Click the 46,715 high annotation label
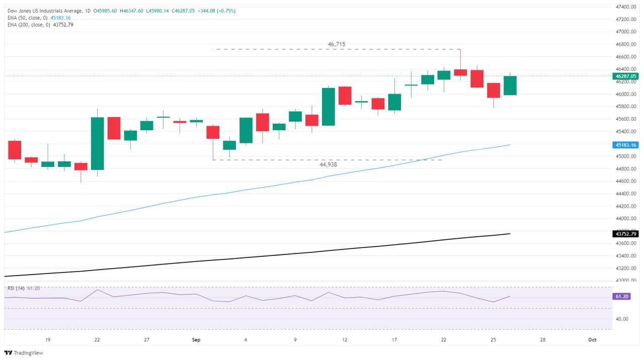pos(337,44)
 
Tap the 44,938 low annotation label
pos(328,164)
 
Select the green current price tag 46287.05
pos(625,76)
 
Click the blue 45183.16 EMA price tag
pos(625,145)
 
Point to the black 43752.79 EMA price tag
pos(625,234)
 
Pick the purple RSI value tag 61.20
pos(622,297)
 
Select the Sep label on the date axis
pos(196,340)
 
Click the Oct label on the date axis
pos(592,340)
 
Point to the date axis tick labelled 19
pos(47,340)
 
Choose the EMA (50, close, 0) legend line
pos(39,18)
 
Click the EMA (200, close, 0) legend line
pos(40,25)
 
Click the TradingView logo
pos(24,353)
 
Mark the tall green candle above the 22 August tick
pos(97,143)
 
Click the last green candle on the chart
pos(510,85)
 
